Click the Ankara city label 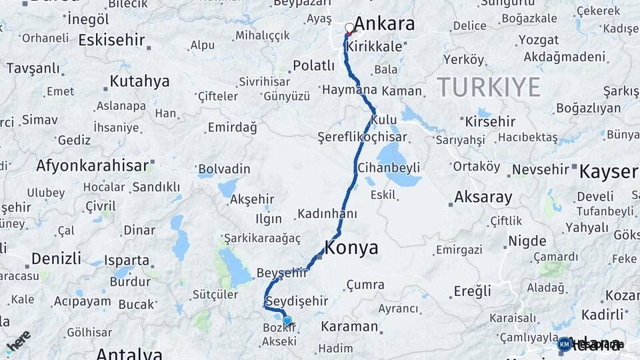tap(384, 25)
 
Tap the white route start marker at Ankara tap(349, 28)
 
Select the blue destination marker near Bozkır tap(287, 321)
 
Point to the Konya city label tap(351, 249)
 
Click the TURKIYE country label tap(489, 87)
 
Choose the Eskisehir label tap(111, 40)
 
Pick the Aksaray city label tap(483, 197)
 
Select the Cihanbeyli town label tap(389, 167)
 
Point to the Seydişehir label tap(297, 301)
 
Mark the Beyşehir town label tap(282, 272)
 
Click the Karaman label tap(349, 327)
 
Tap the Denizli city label tap(57, 258)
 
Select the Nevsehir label tap(540, 169)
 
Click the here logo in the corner tap(18, 341)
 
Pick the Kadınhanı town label tap(327, 214)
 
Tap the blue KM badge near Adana tap(565, 344)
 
